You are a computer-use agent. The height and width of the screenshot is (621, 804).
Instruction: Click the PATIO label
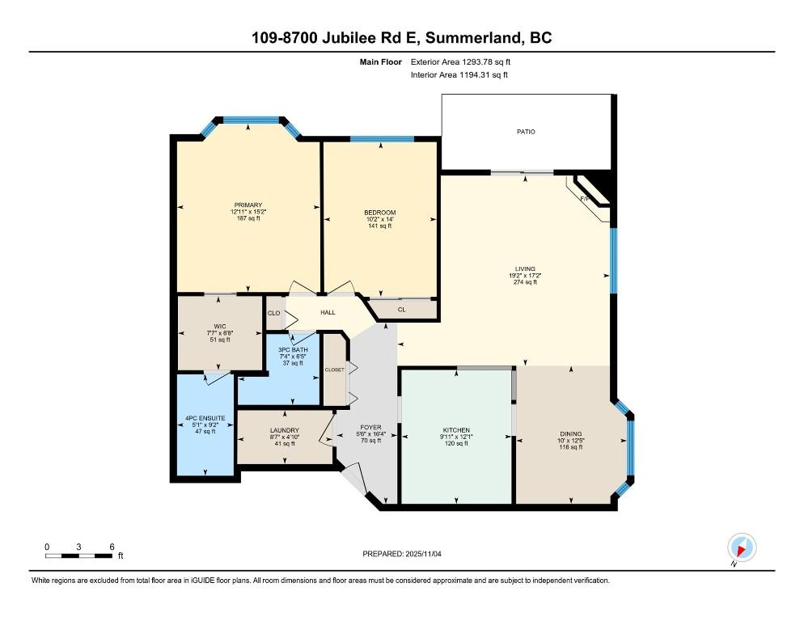(x=526, y=131)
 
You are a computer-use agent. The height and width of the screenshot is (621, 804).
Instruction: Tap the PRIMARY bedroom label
(x=248, y=205)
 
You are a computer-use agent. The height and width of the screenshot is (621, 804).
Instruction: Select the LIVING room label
(x=526, y=269)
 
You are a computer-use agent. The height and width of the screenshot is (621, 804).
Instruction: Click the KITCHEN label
(x=456, y=430)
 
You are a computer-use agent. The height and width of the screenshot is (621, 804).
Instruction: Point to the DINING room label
(x=569, y=433)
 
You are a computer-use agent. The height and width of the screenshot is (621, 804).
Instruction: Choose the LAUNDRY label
(x=285, y=430)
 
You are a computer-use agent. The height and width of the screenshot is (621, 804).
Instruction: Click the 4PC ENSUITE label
(x=201, y=418)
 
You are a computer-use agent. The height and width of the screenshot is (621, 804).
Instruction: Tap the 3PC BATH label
(x=292, y=349)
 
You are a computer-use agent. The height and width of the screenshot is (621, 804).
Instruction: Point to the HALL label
(x=328, y=312)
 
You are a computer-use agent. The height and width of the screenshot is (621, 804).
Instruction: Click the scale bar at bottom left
(x=78, y=555)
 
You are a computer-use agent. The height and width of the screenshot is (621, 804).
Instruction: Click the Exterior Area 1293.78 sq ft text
(x=460, y=61)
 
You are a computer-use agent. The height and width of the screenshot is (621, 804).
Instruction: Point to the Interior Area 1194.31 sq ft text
(x=459, y=75)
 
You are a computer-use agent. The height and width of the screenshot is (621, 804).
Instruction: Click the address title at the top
(x=402, y=38)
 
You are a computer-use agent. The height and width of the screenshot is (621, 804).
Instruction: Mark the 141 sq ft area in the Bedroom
(x=379, y=226)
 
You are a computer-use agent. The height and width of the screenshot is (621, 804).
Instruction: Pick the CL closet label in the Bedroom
(x=402, y=309)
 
